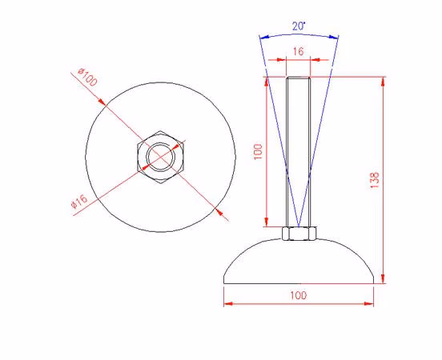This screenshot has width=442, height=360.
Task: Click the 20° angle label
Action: [x=299, y=26]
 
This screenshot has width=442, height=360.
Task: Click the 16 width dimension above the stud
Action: [x=298, y=51]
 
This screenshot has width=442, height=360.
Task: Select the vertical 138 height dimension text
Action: [x=375, y=180]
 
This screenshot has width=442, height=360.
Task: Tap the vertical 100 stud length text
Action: [x=258, y=151]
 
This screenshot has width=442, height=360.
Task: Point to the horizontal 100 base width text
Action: [x=299, y=295]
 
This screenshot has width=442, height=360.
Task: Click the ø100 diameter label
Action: [x=87, y=77]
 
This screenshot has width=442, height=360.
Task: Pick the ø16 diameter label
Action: [x=79, y=202]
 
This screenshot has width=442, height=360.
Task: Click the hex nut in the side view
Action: [x=299, y=234]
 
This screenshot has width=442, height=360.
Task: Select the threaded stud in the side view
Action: [x=298, y=152]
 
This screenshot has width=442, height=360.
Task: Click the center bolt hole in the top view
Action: [x=160, y=157]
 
